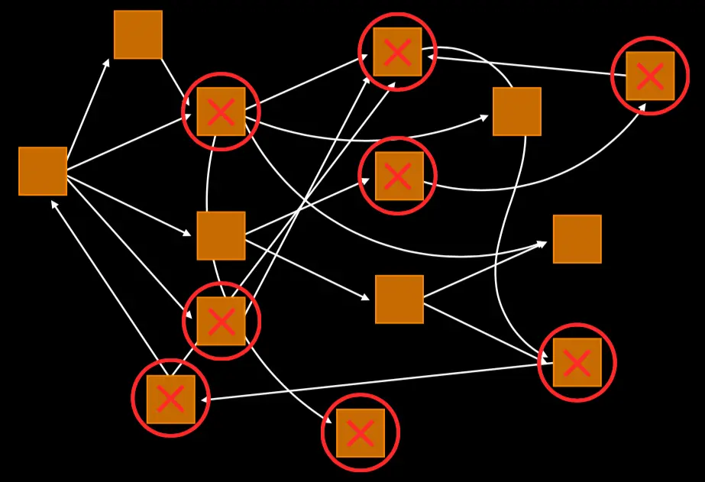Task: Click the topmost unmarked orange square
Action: tap(138, 34)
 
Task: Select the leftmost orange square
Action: tap(43, 171)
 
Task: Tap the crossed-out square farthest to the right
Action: tap(650, 76)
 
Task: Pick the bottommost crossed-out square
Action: tap(361, 433)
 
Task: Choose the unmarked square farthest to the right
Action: tap(577, 239)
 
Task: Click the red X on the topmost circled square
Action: tap(397, 52)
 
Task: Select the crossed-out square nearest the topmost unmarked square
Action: tap(221, 112)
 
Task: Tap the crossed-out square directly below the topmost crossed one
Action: tap(397, 176)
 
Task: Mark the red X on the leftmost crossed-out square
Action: tap(170, 399)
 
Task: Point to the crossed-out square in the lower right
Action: tap(577, 362)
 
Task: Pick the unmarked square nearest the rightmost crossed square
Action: tap(517, 112)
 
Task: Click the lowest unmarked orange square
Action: tap(399, 299)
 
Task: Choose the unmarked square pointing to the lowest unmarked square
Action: tap(221, 235)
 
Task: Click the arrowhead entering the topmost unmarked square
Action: tap(107, 61)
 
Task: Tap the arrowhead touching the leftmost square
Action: tap(53, 203)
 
